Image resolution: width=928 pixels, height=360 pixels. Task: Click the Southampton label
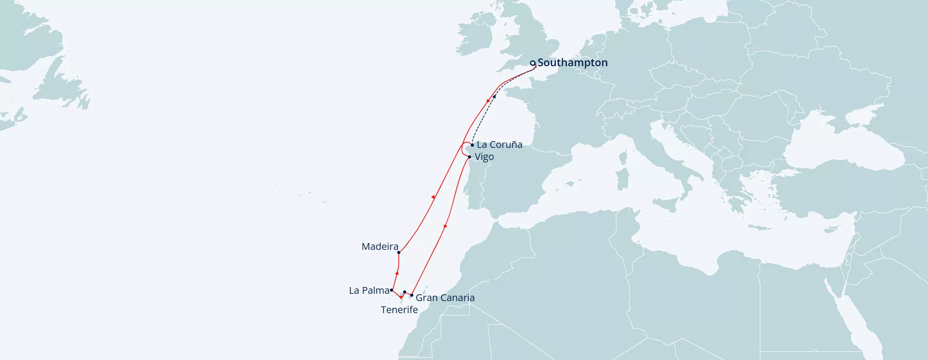572,63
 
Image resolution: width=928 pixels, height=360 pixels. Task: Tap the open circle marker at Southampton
533,63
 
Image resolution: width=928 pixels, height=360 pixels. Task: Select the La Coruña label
499,144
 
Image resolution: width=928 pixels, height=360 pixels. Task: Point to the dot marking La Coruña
472,145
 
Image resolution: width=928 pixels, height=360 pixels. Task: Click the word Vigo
484,157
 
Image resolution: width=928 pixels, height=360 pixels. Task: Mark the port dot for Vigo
469,157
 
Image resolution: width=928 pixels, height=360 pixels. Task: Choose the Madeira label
380,247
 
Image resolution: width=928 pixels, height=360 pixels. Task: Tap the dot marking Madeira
399,252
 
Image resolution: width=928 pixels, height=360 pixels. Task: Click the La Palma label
369,290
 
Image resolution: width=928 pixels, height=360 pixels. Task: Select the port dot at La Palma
391,290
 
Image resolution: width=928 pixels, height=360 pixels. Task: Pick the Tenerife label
399,310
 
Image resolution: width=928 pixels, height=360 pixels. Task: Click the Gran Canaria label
445,298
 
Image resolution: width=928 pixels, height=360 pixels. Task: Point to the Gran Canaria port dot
412,295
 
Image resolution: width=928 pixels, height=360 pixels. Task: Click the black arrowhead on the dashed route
494,96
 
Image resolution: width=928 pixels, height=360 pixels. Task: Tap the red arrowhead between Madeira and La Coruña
433,197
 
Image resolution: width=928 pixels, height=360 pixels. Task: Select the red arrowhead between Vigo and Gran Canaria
445,226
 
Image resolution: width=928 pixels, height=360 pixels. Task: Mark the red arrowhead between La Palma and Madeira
397,274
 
